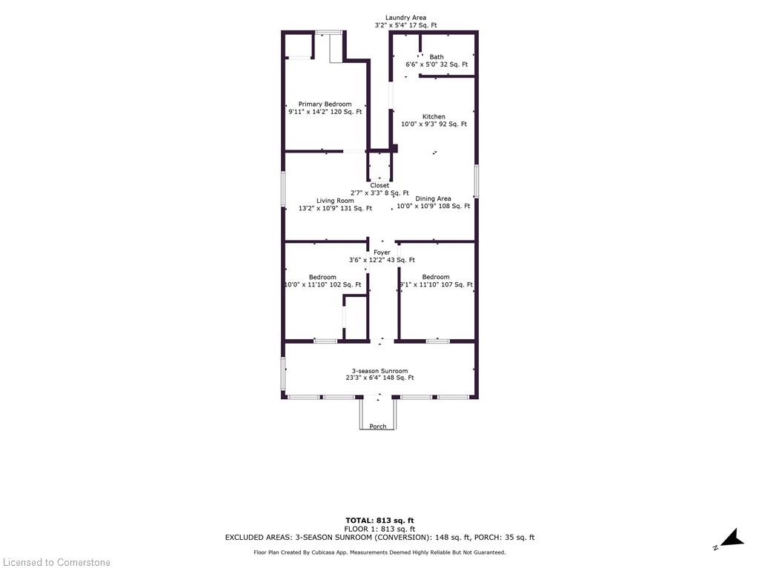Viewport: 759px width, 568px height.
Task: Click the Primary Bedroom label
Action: click(325, 104)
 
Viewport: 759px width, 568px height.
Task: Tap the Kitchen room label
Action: click(434, 116)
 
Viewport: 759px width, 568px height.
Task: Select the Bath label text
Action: click(437, 56)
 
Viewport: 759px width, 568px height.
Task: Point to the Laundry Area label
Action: click(405, 18)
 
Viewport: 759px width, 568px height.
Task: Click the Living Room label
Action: click(335, 200)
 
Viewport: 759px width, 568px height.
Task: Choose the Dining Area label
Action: click(433, 198)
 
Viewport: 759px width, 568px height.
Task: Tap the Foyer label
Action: click(382, 253)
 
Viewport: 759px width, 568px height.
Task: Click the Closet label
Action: click(379, 185)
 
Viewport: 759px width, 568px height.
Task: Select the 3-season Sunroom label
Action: click(380, 371)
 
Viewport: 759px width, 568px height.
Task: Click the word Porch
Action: click(378, 427)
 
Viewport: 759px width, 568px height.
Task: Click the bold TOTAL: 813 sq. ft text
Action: click(379, 521)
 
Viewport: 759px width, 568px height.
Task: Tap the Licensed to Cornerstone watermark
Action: click(56, 562)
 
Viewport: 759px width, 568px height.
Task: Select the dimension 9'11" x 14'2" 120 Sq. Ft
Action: click(325, 112)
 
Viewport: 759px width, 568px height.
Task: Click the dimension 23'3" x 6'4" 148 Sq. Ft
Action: click(380, 378)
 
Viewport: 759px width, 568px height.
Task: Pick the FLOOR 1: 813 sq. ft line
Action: click(379, 529)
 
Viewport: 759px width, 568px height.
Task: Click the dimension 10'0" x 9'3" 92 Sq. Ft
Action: click(434, 124)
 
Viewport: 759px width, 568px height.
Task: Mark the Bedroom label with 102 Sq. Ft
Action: click(322, 277)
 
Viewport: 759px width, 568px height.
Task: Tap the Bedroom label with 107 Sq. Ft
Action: click(436, 277)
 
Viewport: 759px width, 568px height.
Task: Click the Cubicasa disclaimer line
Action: click(379, 552)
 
